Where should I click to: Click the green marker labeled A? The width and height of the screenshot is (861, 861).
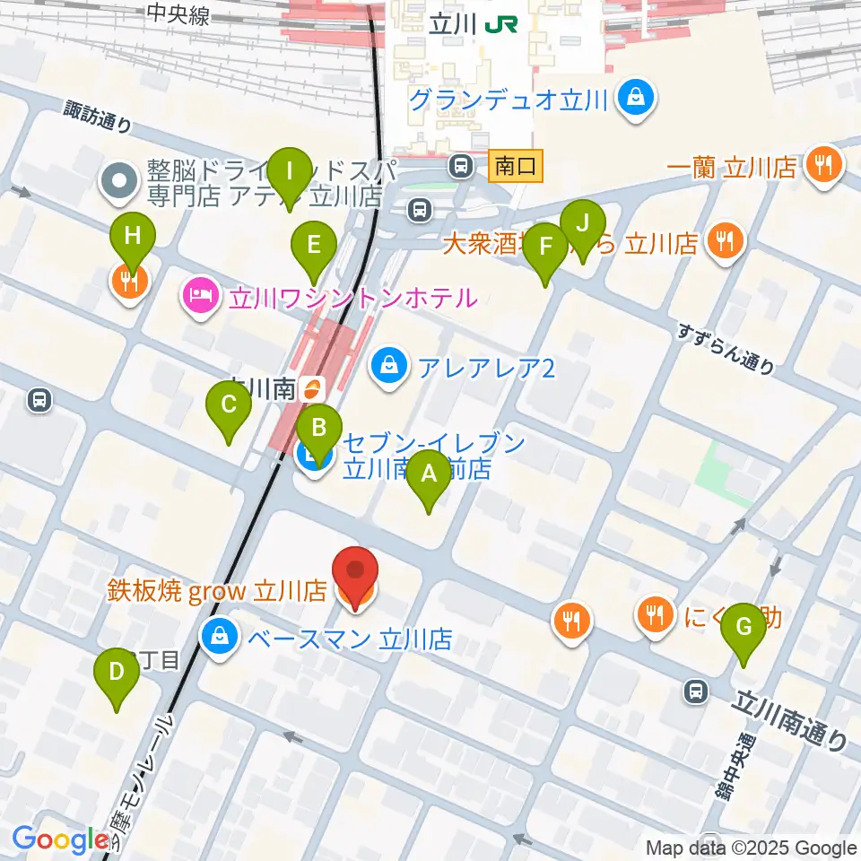[429, 475]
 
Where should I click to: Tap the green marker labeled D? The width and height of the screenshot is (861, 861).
[117, 674]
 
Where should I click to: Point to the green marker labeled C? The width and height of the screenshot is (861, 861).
[229, 407]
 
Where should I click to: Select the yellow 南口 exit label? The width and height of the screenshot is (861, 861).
[516, 166]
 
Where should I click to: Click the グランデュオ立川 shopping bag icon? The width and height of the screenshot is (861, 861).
[636, 98]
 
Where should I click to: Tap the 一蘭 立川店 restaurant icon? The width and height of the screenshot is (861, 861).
[822, 166]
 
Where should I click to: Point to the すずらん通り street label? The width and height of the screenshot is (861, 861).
[726, 351]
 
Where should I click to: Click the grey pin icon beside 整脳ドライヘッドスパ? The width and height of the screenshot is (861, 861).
[118, 182]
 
